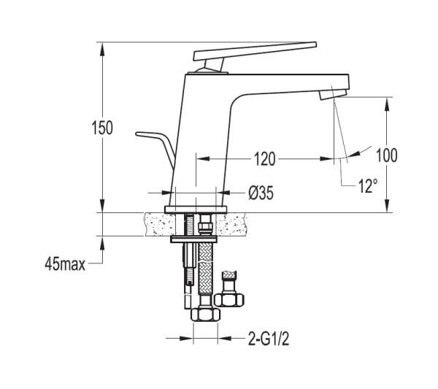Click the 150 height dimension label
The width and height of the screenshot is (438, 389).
pos(102,128)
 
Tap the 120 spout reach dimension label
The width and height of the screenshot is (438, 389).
pos(264,159)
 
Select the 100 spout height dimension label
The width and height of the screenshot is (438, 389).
pos(387,155)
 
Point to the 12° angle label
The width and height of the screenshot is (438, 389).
pos(368,186)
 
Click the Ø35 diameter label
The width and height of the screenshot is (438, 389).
pos(261,193)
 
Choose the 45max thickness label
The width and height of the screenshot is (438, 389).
pos(65,263)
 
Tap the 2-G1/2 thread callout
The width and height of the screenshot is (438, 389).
pos(269,339)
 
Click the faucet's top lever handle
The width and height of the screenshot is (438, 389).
pos(255,51)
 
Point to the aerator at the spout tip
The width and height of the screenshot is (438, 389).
pos(334,94)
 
